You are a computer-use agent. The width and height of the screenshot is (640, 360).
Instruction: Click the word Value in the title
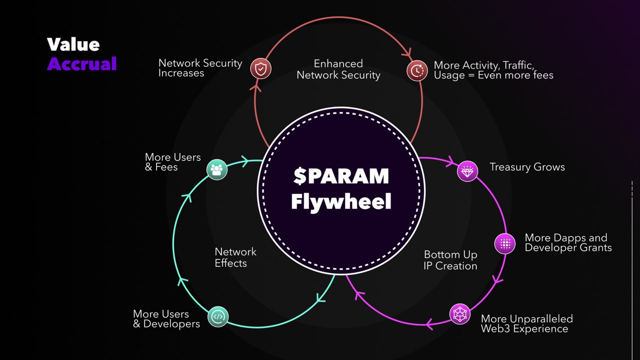tap(73, 44)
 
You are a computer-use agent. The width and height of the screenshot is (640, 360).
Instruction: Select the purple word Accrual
tap(82, 63)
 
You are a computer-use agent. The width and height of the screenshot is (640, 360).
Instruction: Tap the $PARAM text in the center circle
tap(341, 176)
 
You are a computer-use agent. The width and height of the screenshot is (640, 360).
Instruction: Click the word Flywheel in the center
tap(341, 201)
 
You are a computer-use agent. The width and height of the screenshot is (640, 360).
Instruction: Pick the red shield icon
tap(260, 69)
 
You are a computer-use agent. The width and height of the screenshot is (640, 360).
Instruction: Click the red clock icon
tap(416, 70)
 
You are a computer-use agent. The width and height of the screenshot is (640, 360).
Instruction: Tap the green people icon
tap(217, 169)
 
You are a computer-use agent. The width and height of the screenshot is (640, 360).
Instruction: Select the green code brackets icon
tap(217, 316)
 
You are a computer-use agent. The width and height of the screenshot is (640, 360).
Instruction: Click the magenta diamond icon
tap(467, 171)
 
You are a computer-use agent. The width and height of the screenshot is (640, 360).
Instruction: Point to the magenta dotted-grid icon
tap(505, 243)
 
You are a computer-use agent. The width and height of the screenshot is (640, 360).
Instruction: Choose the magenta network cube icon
tap(460, 314)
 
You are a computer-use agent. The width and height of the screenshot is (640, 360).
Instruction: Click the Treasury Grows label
tap(527, 167)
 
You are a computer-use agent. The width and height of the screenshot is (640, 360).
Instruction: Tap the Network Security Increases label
tap(200, 68)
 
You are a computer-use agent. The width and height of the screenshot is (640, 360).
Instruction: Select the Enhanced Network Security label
tap(338, 69)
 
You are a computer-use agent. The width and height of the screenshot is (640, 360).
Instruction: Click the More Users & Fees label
tap(172, 162)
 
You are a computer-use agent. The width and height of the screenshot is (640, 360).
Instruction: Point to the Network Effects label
tap(235, 257)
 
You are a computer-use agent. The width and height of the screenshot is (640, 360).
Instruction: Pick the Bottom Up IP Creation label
tap(450, 260)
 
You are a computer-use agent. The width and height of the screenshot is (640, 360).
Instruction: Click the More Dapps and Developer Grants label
tap(568, 242)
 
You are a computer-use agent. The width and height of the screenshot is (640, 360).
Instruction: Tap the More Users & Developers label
tap(166, 319)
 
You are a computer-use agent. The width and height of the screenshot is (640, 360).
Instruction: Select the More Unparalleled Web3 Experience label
tap(526, 323)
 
